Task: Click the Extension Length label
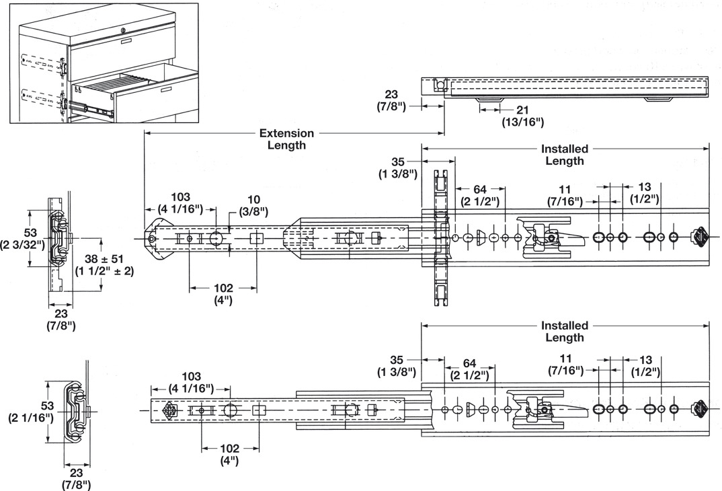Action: click(x=286, y=139)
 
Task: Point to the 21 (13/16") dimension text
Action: click(x=522, y=116)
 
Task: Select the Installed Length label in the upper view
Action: click(x=565, y=155)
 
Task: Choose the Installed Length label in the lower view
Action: click(x=565, y=332)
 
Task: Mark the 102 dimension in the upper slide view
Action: click(x=223, y=294)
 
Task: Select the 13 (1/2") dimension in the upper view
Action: click(x=644, y=192)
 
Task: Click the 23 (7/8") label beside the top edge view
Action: click(x=391, y=101)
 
